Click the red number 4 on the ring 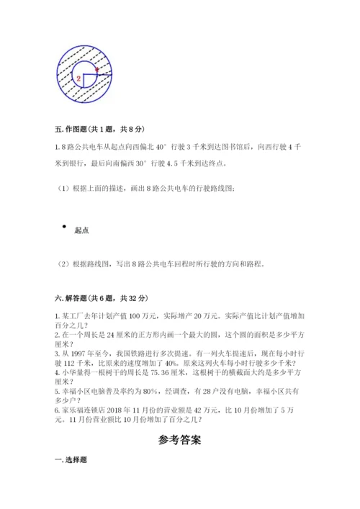tap(95, 69)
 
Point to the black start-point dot tap(66, 227)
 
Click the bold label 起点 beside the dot tap(82, 230)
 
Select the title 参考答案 tap(179, 439)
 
